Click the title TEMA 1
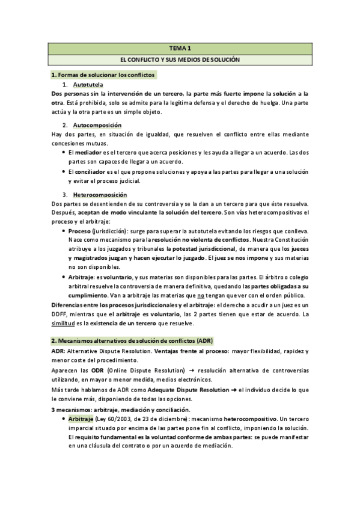point(180,48)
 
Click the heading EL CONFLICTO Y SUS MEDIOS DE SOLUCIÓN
point(180,61)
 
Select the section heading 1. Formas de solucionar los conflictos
point(103,75)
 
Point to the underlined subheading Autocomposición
point(99,125)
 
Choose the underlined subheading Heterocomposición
point(100,195)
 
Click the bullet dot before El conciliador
point(63,172)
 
